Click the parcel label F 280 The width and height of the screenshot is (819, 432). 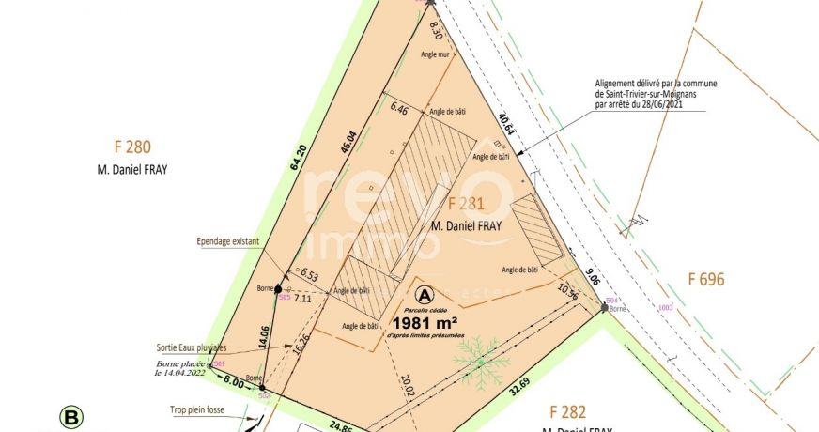click(x=132, y=147)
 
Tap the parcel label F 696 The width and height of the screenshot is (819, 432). click(x=706, y=279)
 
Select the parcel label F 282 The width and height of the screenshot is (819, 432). click(x=567, y=411)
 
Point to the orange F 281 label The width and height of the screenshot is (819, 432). click(x=465, y=204)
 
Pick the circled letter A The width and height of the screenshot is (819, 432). click(x=425, y=295)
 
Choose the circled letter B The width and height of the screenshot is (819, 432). click(x=70, y=416)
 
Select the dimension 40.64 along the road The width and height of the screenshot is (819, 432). click(x=507, y=126)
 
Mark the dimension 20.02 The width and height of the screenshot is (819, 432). click(x=407, y=387)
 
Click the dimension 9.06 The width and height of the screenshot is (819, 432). click(x=591, y=277)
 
